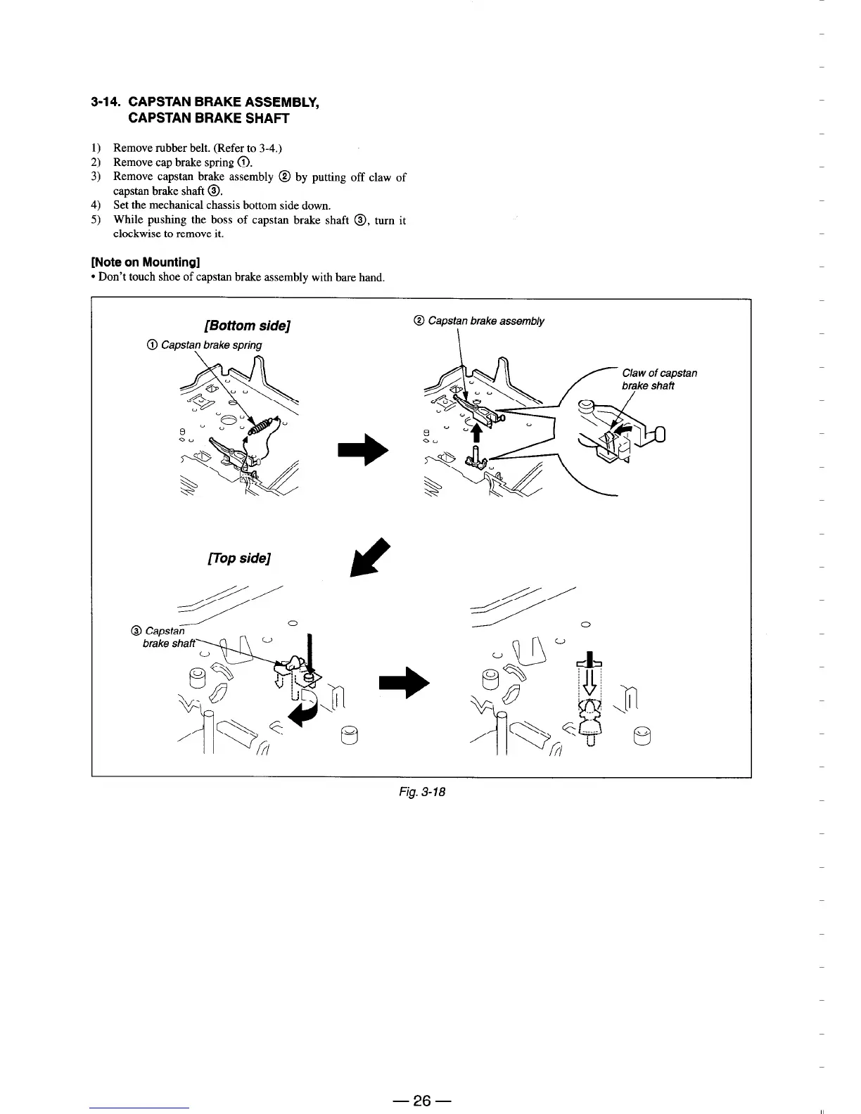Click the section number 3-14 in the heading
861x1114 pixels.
107,103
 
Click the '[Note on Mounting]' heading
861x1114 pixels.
146,262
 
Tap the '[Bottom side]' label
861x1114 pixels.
247,326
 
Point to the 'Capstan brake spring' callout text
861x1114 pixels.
211,345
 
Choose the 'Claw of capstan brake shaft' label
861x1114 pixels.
658,379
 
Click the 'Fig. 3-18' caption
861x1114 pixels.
420,792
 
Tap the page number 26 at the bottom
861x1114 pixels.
421,1101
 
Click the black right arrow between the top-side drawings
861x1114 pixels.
404,683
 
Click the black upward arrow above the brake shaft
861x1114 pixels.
476,433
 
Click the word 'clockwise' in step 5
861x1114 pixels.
134,233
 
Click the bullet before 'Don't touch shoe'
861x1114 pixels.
94,277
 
